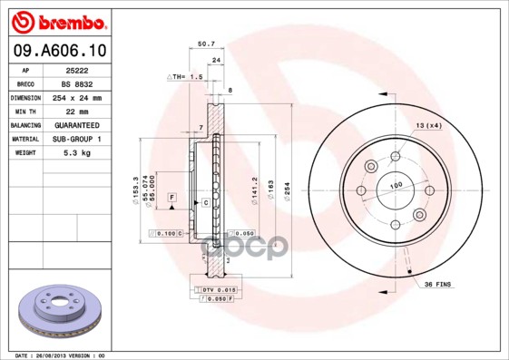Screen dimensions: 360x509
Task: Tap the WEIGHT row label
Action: pos(24,153)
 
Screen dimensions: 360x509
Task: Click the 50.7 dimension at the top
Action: pos(206,43)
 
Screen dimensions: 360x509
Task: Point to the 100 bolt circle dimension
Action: pos(396,186)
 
